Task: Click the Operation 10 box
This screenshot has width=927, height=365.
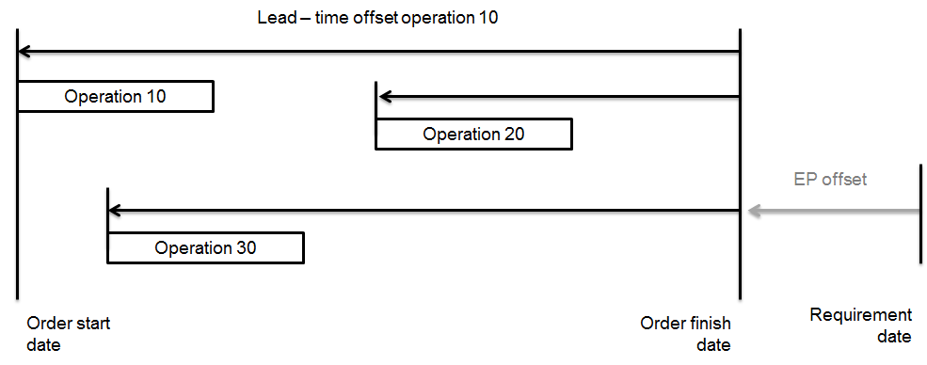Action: coord(115,97)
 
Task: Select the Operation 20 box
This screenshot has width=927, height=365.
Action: coord(473,134)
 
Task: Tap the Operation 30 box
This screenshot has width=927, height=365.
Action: coord(205,248)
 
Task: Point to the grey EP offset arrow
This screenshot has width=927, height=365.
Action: coord(833,212)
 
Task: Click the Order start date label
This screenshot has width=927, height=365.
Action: coord(69,334)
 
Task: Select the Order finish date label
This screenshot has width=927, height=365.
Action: coord(685,334)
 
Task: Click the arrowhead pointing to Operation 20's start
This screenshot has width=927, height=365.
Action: coord(384,96)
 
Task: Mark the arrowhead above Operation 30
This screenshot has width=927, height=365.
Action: coord(115,211)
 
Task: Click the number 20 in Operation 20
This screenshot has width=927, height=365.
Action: coord(514,134)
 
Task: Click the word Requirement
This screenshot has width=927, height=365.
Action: coord(860,315)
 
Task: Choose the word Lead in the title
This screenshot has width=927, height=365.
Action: coord(275,18)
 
